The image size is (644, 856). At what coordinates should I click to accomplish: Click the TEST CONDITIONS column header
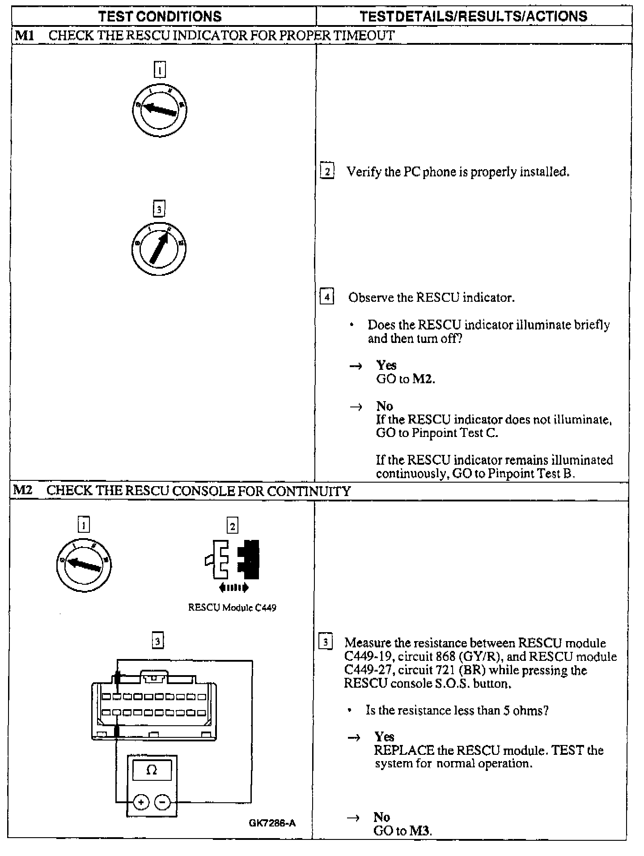tap(160, 17)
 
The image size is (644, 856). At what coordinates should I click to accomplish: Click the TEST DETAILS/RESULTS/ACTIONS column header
tap(473, 17)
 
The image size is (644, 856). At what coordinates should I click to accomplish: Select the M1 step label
tap(24, 35)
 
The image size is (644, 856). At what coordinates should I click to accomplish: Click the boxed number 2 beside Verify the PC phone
tap(327, 171)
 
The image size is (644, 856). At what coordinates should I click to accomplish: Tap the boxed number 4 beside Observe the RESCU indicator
tap(327, 297)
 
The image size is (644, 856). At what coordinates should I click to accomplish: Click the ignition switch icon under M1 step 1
tap(159, 110)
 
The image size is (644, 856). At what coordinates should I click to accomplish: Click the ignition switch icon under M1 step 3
tap(159, 248)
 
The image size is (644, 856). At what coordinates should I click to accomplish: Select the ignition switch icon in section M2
tap(84, 565)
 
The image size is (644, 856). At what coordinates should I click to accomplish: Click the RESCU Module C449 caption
tap(232, 608)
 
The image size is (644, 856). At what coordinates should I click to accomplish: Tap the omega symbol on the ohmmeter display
tap(152, 770)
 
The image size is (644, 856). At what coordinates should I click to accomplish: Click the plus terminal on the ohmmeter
tap(141, 802)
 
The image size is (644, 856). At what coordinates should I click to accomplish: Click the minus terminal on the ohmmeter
tap(162, 802)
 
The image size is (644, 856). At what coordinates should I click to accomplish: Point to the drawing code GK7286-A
tap(272, 823)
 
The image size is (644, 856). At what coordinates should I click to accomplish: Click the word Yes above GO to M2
tap(386, 365)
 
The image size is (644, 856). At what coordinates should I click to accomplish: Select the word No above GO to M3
tap(381, 817)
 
